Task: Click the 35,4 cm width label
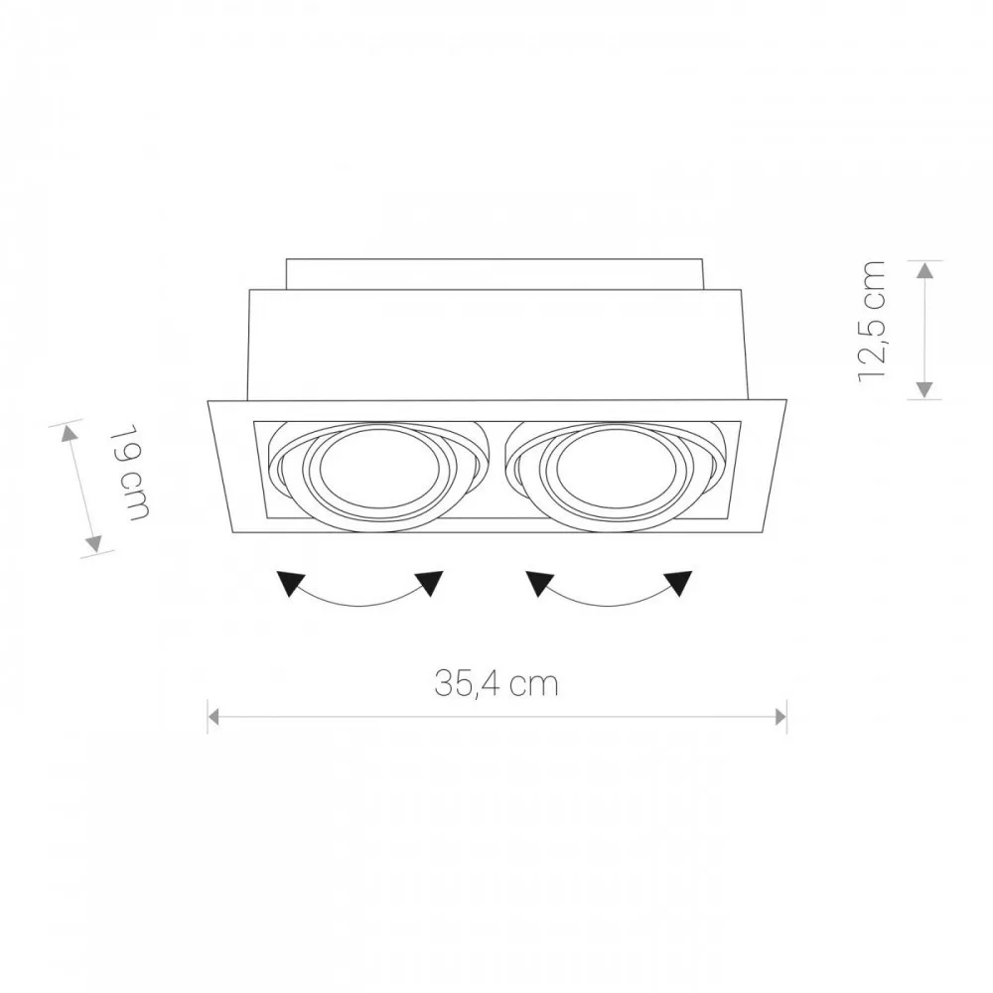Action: click(x=496, y=684)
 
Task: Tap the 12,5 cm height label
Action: click(x=872, y=321)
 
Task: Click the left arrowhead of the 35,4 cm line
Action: click(x=213, y=717)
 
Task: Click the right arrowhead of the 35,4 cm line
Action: click(x=780, y=717)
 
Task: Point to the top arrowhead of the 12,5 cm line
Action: click(x=925, y=270)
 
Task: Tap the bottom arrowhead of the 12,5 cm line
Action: click(x=925, y=389)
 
